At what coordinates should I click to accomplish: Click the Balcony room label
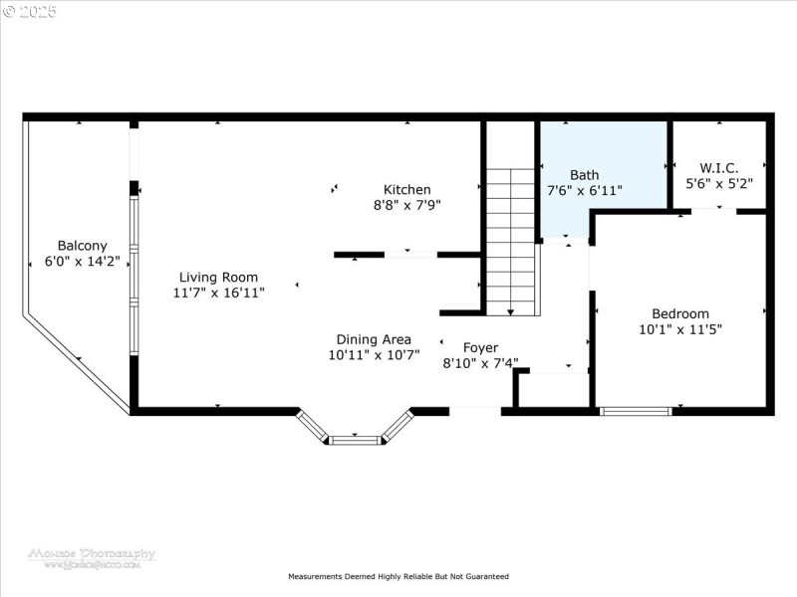click(x=82, y=246)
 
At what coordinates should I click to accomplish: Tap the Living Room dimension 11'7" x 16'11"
click(x=218, y=293)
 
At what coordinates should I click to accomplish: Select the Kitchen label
click(x=407, y=189)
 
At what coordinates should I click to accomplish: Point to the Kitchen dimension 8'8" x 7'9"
click(x=407, y=204)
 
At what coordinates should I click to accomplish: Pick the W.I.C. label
click(x=718, y=168)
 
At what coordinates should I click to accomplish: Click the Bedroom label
click(x=680, y=313)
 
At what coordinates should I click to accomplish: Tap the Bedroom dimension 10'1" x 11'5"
click(x=680, y=328)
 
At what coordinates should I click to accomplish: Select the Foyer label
click(x=480, y=348)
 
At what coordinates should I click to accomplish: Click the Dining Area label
click(x=374, y=339)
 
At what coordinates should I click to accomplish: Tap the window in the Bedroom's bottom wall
click(x=635, y=410)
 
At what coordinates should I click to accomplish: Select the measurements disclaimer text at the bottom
click(x=398, y=576)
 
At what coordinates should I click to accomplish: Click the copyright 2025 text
click(x=30, y=12)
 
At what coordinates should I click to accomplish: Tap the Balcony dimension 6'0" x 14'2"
click(x=82, y=262)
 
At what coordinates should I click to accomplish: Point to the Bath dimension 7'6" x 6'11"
click(x=585, y=189)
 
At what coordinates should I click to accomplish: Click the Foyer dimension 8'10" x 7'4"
click(x=480, y=363)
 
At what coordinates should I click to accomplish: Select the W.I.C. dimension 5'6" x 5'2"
click(x=718, y=183)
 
